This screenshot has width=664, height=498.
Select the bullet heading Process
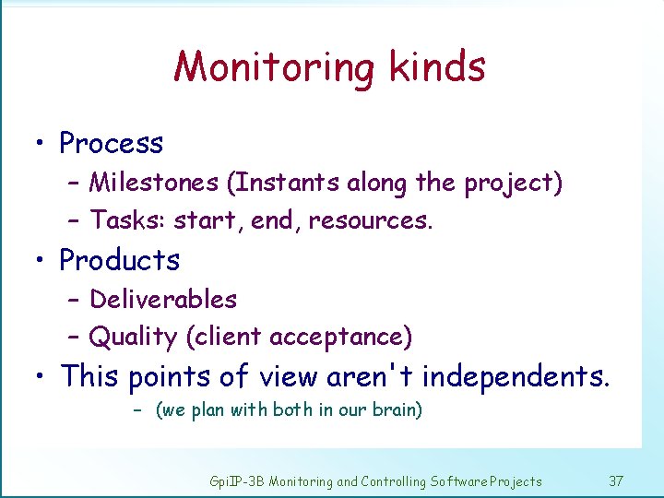pyautogui.click(x=111, y=143)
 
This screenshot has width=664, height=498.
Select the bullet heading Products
pyautogui.click(x=119, y=260)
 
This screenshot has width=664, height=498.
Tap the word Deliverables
pyautogui.click(x=163, y=299)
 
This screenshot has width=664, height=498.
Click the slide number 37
pyautogui.click(x=617, y=480)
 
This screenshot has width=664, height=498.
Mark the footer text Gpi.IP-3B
pyautogui.click(x=237, y=481)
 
